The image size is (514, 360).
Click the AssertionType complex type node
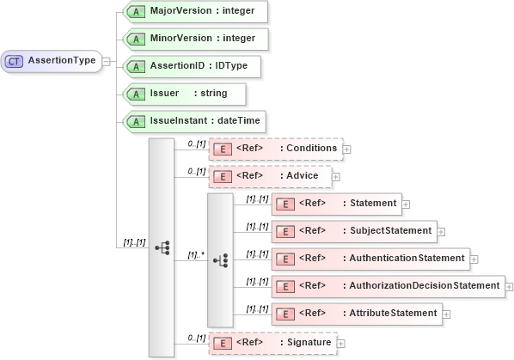[x=51, y=61]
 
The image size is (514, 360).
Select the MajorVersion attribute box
[x=193, y=12]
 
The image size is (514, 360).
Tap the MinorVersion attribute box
[x=193, y=39]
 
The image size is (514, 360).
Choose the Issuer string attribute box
[x=182, y=93]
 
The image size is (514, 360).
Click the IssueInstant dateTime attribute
[x=191, y=120]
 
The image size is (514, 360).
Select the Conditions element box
[x=275, y=149]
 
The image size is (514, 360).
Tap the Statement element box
[x=335, y=204]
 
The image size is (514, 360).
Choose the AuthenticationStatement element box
[x=369, y=259]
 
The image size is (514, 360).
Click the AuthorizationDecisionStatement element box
[x=387, y=286]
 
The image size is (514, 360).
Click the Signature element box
[x=272, y=343]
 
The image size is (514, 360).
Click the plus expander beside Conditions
[x=347, y=149]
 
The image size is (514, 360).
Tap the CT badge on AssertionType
[x=15, y=61]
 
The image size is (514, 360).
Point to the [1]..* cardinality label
[x=197, y=255]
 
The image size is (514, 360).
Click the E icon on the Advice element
[x=222, y=176]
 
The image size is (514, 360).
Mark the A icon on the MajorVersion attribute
[x=135, y=12]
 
